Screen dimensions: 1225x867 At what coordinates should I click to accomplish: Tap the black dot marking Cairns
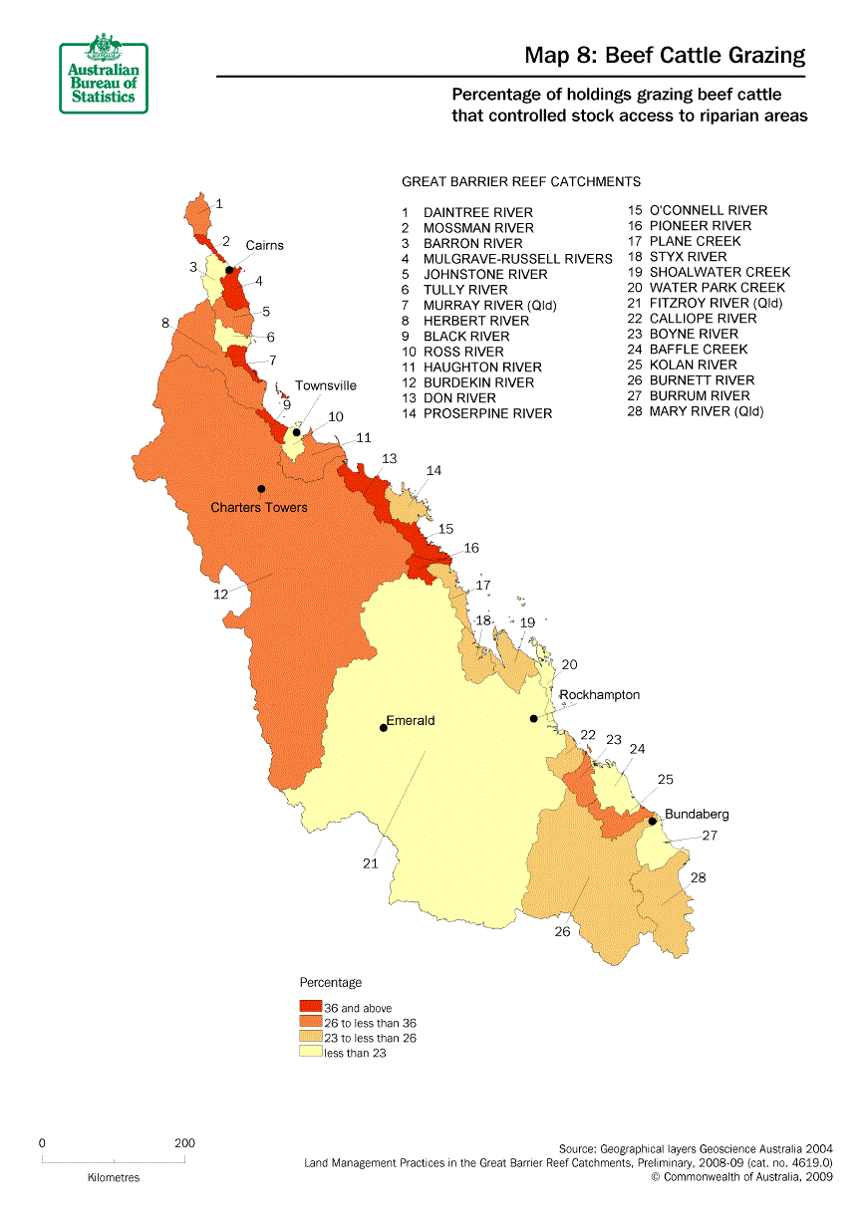(x=229, y=270)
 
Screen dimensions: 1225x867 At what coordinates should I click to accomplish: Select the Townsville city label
(x=325, y=385)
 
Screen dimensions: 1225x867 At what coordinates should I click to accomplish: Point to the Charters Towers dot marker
(x=261, y=489)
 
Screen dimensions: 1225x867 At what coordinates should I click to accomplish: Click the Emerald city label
(x=411, y=720)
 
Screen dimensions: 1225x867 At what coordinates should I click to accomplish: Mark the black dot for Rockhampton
(x=533, y=719)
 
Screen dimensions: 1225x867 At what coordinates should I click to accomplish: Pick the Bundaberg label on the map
(x=697, y=814)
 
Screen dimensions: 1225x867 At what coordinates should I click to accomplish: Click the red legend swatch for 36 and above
(x=310, y=1008)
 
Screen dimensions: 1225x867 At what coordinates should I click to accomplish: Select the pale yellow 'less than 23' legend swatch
(x=310, y=1053)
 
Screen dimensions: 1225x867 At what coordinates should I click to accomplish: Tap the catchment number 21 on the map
(x=370, y=863)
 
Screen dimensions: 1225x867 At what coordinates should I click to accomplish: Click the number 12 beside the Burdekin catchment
(x=220, y=594)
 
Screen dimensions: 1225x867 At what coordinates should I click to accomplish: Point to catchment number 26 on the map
(x=563, y=932)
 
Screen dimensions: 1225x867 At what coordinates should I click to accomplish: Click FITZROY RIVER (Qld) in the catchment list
(x=716, y=303)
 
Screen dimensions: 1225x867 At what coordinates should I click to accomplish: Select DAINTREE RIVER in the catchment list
(x=477, y=212)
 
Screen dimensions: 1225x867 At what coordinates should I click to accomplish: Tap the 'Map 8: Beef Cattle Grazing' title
(x=665, y=56)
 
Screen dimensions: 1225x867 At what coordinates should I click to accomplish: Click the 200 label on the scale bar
(x=184, y=1143)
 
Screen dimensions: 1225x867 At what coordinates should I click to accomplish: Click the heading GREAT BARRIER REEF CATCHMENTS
(x=520, y=182)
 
